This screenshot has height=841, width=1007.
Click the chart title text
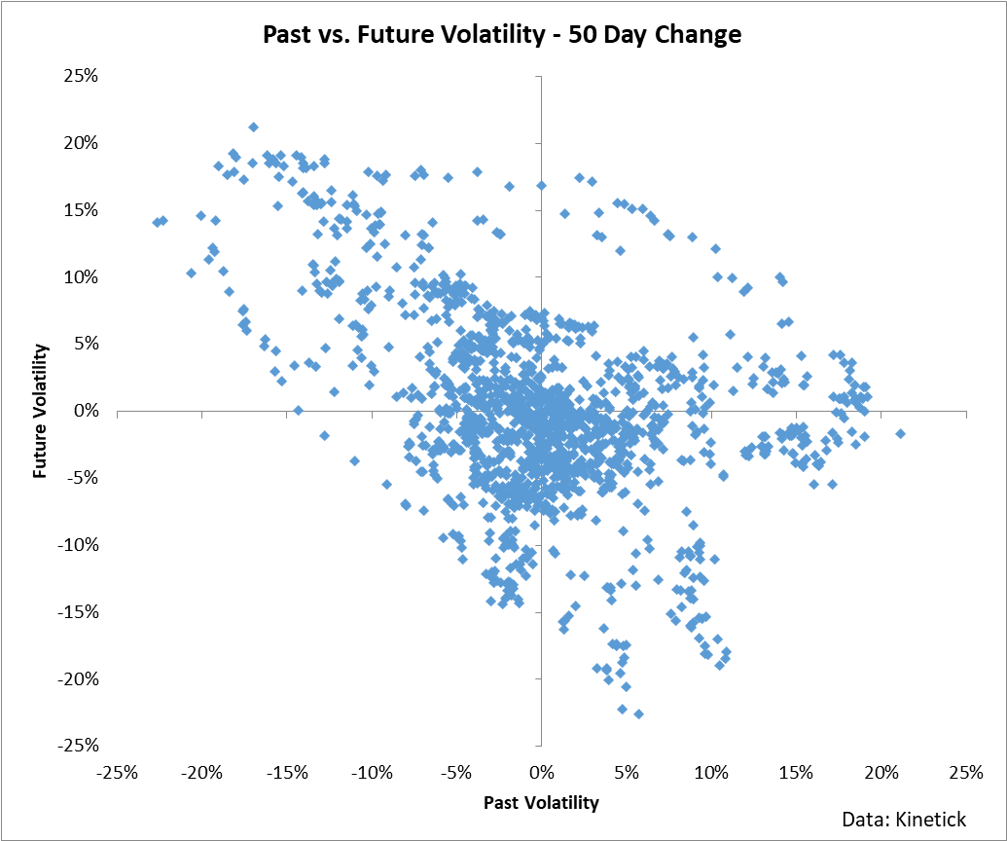(x=503, y=35)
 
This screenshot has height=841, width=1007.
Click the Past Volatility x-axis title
(x=541, y=803)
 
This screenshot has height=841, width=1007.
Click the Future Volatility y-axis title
(x=40, y=411)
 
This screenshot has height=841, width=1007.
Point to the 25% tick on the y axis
(x=81, y=76)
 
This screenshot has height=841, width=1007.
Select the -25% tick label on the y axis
(x=78, y=746)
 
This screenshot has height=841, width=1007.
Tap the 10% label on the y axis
(x=81, y=276)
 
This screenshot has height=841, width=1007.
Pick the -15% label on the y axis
(x=78, y=611)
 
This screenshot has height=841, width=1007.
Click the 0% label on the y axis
(x=86, y=411)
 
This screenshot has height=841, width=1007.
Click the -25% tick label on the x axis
(x=117, y=772)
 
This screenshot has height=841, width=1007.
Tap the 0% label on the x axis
(x=541, y=772)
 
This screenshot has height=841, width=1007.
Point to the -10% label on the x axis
(x=371, y=772)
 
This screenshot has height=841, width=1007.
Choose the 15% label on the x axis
(x=796, y=772)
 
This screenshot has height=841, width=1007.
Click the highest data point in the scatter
(x=253, y=127)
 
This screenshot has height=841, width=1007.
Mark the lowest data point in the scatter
(x=638, y=713)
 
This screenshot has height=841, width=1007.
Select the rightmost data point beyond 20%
(x=900, y=433)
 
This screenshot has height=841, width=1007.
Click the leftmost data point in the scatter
(x=156, y=222)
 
